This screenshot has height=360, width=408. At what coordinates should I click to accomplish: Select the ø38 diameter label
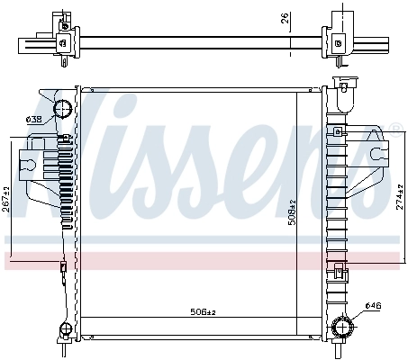[x=33, y=120]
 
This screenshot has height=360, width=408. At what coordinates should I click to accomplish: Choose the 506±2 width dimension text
[x=204, y=311]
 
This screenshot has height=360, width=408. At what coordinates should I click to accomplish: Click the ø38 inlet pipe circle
[x=63, y=110]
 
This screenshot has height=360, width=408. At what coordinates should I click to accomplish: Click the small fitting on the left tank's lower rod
[x=62, y=266]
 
